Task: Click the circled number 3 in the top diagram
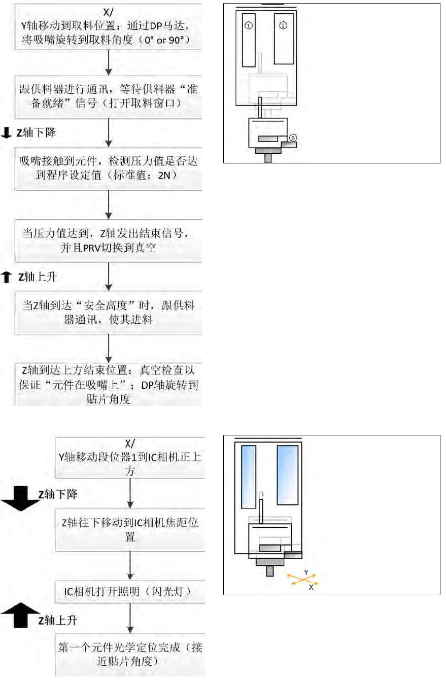(293, 138)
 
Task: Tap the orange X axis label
(311, 588)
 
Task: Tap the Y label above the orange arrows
(306, 572)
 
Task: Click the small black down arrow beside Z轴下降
(7, 133)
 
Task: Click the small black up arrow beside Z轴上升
(7, 277)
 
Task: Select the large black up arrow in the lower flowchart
(20, 616)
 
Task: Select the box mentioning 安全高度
(109, 313)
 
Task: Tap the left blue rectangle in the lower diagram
(249, 475)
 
